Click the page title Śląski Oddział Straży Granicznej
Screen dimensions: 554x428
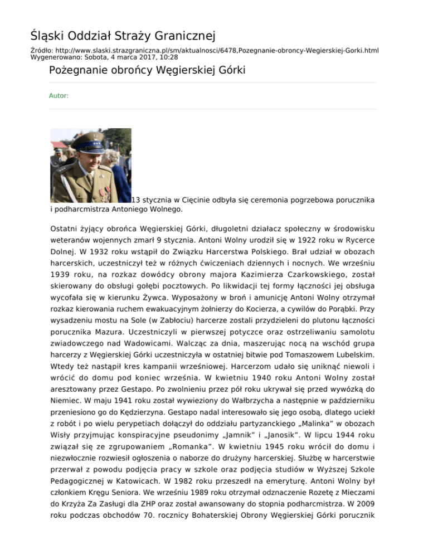123,37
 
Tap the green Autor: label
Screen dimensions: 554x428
59,96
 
